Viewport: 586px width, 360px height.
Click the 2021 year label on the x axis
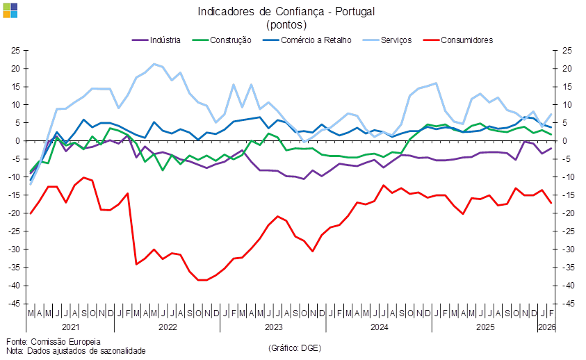click(x=71, y=326)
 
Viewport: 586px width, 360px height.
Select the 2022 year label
click(x=168, y=326)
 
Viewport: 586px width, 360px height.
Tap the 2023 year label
click(x=273, y=326)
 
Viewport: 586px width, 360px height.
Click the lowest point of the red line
click(x=202, y=280)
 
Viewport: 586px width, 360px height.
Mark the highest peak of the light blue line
click(x=154, y=64)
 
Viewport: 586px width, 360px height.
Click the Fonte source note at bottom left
click(x=53, y=341)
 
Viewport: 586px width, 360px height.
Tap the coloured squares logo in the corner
click(x=10, y=10)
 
